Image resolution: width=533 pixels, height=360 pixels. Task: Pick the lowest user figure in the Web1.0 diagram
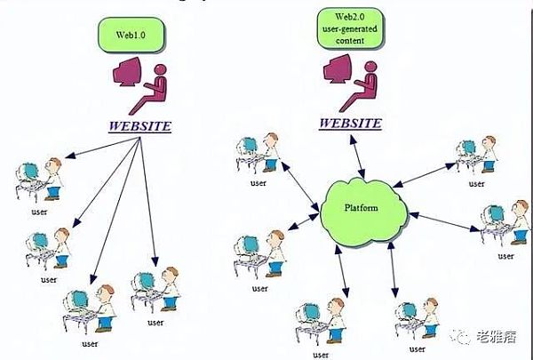(90, 311)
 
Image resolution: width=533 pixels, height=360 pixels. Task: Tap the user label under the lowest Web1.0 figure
(90, 343)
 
